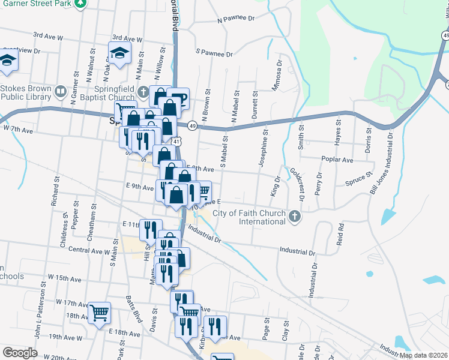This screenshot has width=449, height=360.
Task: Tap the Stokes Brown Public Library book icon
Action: point(60,92)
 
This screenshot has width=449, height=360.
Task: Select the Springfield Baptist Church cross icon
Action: point(142,92)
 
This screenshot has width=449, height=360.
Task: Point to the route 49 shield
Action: point(191,125)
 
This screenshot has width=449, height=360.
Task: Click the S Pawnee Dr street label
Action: point(214,53)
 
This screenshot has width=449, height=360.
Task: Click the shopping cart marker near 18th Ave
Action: point(100,311)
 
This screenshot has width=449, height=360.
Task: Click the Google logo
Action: point(20,353)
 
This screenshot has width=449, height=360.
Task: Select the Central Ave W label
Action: point(89,250)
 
